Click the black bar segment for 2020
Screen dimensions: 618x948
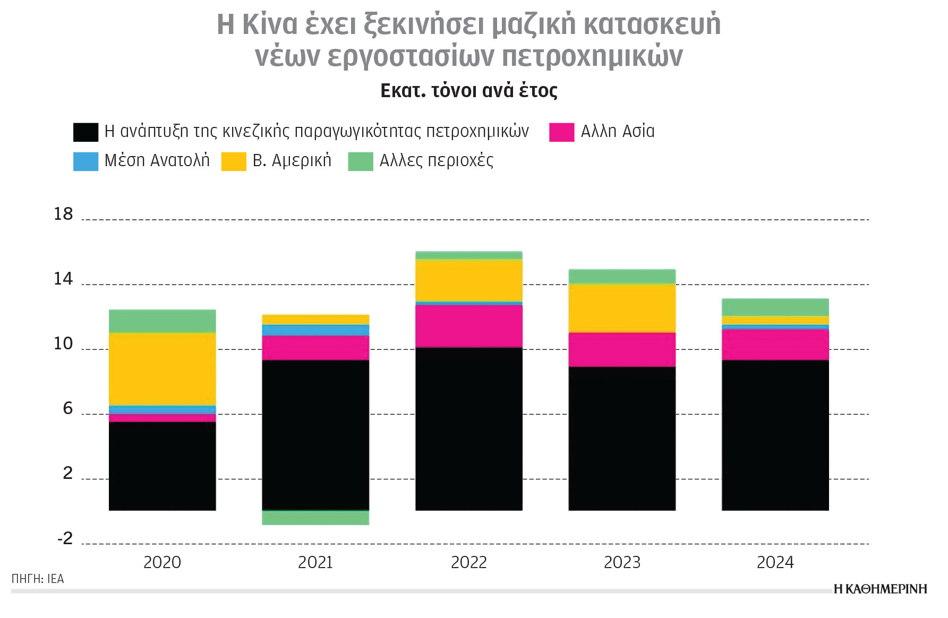tap(162, 466)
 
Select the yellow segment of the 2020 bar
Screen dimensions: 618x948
tap(162, 369)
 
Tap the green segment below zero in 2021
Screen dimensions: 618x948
tap(315, 518)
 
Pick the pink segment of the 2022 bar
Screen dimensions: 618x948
tap(468, 326)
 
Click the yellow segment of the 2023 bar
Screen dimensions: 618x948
tap(622, 308)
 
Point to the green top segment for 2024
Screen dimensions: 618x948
tap(775, 307)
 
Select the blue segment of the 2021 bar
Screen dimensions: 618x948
tap(315, 330)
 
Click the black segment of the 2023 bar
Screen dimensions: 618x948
tap(622, 438)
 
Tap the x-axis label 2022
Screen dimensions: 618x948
tap(468, 562)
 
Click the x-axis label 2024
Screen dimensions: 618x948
tap(775, 562)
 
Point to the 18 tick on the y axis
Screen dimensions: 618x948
tap(63, 214)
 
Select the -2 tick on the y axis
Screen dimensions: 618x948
tap(65, 539)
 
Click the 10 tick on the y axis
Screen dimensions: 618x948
tap(63, 344)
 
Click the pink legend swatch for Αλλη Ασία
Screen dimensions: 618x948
tap(561, 132)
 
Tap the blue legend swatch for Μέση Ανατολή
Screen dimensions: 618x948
tap(86, 161)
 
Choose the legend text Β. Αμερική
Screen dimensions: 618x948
tap(292, 160)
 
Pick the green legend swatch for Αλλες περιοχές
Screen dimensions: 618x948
tap(360, 161)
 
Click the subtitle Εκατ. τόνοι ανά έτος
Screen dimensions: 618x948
tap(468, 91)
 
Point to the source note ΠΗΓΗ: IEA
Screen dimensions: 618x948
tap(38, 579)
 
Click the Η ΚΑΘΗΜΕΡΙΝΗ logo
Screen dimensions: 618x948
tap(880, 589)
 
